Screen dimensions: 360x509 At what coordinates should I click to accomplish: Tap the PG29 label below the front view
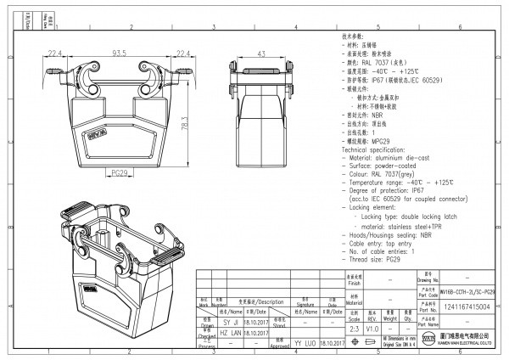(x=120, y=172)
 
